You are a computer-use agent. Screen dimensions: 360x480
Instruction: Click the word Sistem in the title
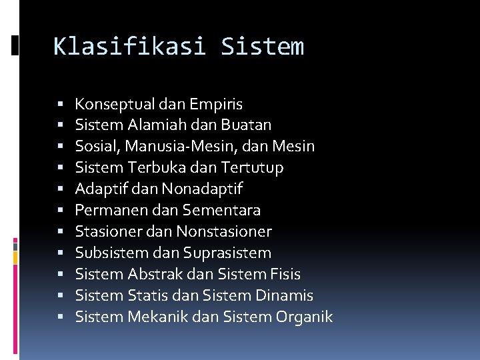pyautogui.click(x=262, y=47)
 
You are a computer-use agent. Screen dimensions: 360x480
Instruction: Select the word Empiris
pyautogui.click(x=216, y=104)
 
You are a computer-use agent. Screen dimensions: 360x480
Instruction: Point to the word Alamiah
pyautogui.click(x=157, y=125)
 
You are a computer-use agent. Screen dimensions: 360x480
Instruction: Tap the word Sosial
pyautogui.click(x=94, y=146)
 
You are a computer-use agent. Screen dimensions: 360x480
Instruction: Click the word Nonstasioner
pyautogui.click(x=224, y=231)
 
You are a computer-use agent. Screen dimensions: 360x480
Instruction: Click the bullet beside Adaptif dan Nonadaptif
pyautogui.click(x=61, y=189)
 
